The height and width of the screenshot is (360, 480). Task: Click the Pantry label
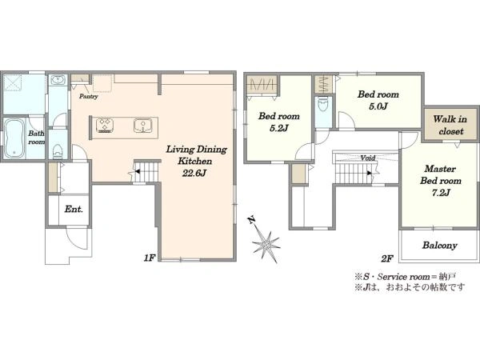point(89,97)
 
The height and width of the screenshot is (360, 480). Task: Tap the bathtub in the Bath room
point(14,138)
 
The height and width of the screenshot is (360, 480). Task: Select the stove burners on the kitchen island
point(105,126)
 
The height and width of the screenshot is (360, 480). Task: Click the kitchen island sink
point(142,126)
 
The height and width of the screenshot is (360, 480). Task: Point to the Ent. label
point(74,210)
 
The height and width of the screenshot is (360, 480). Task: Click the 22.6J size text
point(194,174)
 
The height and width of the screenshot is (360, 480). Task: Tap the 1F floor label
point(150,258)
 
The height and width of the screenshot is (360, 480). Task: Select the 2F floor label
point(387,258)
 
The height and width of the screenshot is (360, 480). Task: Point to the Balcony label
point(439,246)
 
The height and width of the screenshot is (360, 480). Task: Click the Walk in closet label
point(450,126)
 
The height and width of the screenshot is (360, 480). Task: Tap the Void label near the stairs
point(368,158)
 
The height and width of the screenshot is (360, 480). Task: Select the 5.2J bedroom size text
point(279,128)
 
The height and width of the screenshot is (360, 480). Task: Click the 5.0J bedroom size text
point(378,106)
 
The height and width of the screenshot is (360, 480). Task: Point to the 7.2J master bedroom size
point(441,193)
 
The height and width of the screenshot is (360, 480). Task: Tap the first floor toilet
point(58,151)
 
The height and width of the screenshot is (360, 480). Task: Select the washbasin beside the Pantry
point(58,80)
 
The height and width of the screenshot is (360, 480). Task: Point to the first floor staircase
point(147,172)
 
